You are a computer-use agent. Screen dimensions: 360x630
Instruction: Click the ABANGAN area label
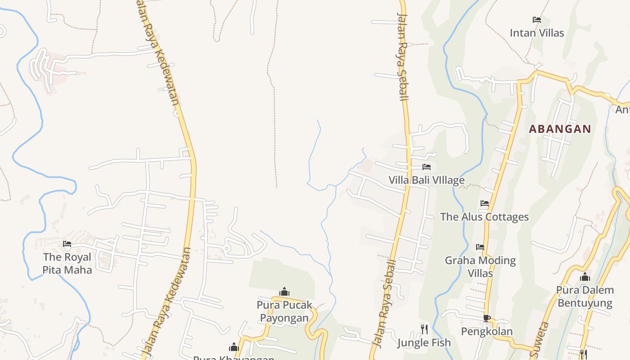coord(560,129)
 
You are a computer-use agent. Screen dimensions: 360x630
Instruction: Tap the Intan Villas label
coord(537,33)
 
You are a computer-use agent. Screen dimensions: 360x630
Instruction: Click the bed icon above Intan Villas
coord(536,20)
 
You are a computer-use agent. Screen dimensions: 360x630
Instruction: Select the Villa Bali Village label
coord(427,180)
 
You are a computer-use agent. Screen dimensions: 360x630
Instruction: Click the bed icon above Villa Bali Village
coord(427,167)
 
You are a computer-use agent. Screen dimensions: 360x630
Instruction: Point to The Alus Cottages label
coord(484,217)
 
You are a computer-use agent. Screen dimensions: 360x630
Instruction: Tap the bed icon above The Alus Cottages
coord(485,203)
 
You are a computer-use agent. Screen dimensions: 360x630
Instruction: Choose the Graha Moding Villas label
coord(480,267)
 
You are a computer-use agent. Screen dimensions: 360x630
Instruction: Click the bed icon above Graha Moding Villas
coord(480,247)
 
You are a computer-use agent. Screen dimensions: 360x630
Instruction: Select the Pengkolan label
coord(486,332)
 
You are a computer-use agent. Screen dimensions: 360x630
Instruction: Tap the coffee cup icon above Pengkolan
coord(486,318)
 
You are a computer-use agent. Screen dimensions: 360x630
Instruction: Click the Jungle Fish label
coord(424,343)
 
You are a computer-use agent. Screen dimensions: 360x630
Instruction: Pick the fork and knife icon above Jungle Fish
coord(424,329)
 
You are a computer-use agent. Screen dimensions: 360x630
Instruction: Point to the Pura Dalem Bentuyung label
coord(585,296)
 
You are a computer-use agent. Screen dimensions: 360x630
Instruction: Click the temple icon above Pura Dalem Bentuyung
coord(585,277)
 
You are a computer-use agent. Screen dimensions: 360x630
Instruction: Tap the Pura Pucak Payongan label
coord(284,311)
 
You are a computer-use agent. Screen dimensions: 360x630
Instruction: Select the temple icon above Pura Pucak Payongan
coord(284,292)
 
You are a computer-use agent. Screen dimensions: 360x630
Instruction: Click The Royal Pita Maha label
coord(67,263)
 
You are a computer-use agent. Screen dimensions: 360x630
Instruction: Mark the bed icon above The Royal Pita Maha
coord(67,244)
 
